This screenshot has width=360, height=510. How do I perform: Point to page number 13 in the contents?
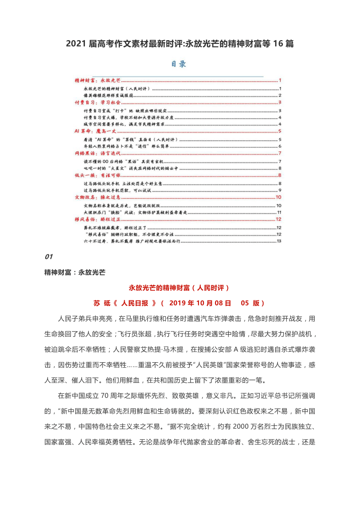279,241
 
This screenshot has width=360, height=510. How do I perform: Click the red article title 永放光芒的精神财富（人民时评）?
179,288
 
